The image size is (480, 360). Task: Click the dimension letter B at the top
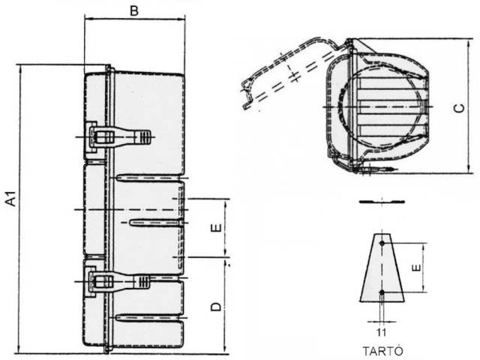point(134,10)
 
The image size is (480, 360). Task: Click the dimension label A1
point(12,199)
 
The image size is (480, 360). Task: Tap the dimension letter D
point(216,307)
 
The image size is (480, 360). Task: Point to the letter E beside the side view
point(216,227)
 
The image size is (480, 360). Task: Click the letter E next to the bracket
point(417,268)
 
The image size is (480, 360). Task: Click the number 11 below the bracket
point(382,332)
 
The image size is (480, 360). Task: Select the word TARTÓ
point(382,351)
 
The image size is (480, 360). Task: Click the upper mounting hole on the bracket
point(382,243)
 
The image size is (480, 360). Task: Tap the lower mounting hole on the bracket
point(382,292)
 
